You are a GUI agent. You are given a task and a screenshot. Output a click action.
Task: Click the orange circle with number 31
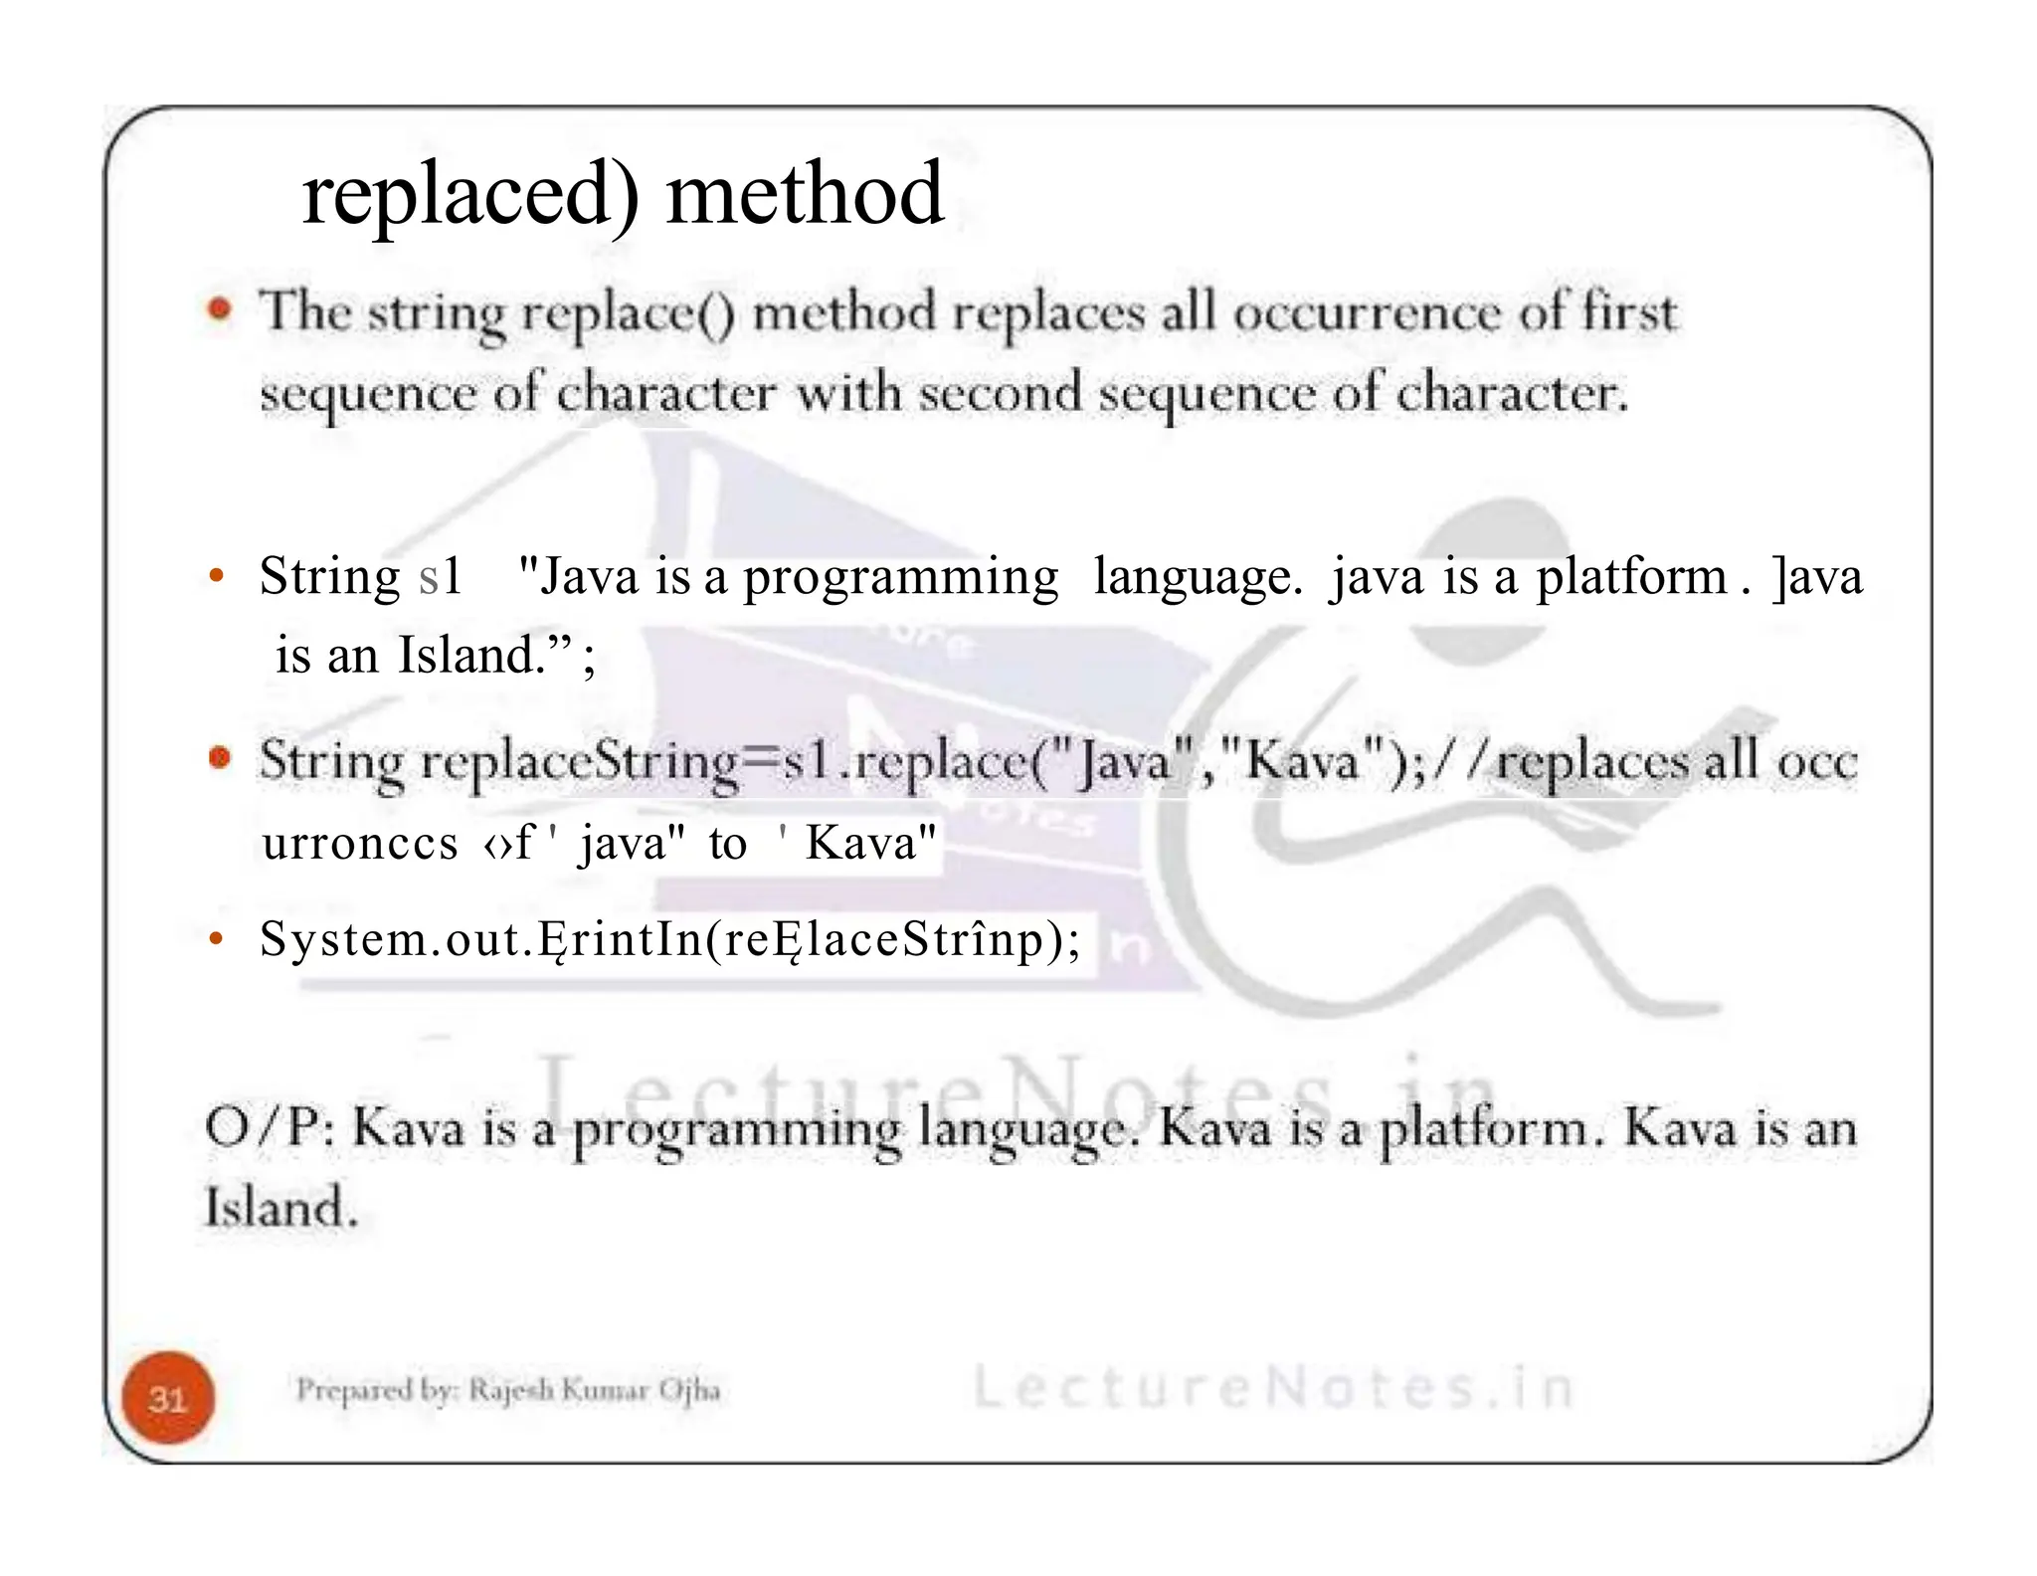168,1398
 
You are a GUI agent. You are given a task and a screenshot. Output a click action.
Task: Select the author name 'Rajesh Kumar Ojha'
594,1390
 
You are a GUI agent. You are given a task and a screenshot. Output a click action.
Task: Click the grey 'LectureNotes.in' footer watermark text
1272,1388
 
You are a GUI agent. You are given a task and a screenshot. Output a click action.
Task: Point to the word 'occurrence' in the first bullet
1367,313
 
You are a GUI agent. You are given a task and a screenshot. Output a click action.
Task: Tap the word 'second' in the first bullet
1000,393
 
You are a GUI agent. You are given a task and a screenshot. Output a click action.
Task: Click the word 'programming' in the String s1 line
900,578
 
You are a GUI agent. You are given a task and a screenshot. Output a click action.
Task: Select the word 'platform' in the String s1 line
1631,576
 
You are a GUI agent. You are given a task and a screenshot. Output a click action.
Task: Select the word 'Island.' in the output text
279,1207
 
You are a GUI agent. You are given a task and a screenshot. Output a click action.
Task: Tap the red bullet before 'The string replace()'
220,309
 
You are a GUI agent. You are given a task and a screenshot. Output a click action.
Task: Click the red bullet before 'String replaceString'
220,759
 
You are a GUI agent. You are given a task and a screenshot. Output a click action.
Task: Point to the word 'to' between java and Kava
727,845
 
